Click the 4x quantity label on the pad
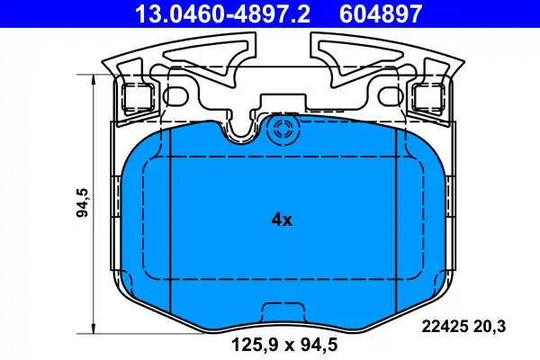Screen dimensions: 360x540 (x=281, y=219)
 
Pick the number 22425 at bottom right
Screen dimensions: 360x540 (x=441, y=328)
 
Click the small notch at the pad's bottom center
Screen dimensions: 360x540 (x=281, y=312)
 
